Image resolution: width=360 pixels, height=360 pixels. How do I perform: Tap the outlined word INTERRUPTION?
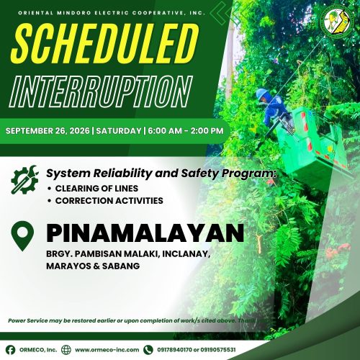(x=101, y=91)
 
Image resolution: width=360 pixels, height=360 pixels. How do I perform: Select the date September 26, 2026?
(x=48, y=131)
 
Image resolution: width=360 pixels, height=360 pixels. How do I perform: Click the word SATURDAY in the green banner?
(x=119, y=131)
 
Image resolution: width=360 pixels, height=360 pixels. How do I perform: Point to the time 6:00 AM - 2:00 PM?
(x=186, y=131)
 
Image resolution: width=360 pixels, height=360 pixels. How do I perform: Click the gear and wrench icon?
(x=24, y=179)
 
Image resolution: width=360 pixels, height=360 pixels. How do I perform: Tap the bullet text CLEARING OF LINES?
(x=96, y=189)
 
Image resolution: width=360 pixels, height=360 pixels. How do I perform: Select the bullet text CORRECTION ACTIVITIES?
(x=109, y=201)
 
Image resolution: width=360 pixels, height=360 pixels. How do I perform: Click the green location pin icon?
(x=22, y=235)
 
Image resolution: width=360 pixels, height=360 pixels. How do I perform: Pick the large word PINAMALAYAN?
(x=145, y=233)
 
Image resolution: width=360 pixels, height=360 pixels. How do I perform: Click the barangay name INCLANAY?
(x=186, y=254)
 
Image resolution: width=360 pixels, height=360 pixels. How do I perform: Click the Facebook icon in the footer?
(x=11, y=350)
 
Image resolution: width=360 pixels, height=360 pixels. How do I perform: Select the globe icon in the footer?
(x=66, y=350)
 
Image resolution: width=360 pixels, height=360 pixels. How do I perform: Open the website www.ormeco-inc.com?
(x=107, y=350)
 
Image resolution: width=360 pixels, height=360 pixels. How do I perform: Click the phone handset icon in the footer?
(x=148, y=350)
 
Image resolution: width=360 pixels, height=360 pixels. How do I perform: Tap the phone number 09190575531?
(x=218, y=350)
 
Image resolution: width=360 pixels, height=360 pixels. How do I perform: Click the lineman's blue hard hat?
(x=263, y=94)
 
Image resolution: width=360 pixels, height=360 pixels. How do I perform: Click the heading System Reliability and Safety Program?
(x=161, y=174)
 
